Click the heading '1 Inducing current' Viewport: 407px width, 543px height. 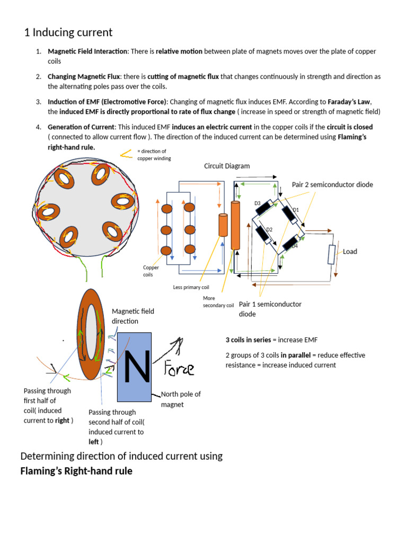tap(68, 32)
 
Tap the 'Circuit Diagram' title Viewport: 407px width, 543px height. tap(227, 166)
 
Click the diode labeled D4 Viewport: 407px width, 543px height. tap(289, 244)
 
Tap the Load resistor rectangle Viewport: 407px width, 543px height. tap(331, 255)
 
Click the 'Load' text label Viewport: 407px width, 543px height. tap(350, 251)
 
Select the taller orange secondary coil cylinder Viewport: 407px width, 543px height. tap(236, 225)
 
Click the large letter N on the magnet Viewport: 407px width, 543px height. tap(135, 366)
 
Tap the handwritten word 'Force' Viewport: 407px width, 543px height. tap(179, 368)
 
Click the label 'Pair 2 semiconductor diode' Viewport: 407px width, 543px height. tap(332, 185)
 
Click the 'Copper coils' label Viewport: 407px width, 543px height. tap(151, 271)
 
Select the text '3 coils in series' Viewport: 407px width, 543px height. tap(249, 339)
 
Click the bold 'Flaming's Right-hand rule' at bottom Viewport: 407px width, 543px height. tap(76, 471)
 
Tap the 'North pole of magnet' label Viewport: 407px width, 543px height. tap(180, 399)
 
